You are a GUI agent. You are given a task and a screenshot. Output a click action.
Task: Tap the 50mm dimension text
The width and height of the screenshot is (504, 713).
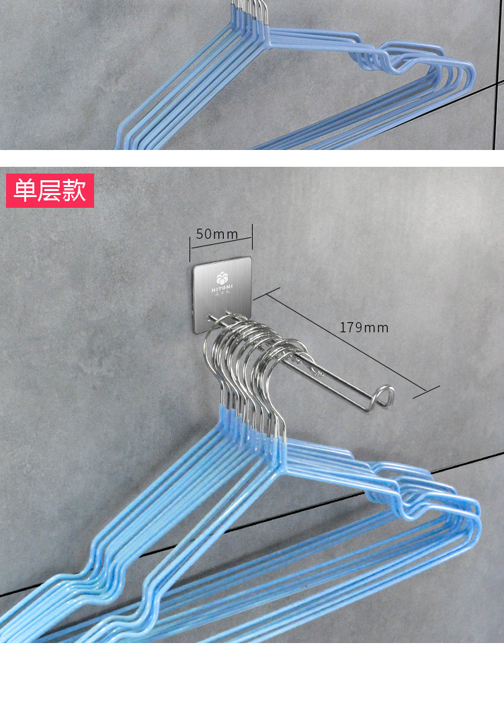pos(217,234)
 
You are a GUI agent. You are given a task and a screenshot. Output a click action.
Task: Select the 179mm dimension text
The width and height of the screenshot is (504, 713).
pos(364,328)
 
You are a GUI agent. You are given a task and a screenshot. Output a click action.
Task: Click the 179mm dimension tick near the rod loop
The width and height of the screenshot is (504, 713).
pos(426,391)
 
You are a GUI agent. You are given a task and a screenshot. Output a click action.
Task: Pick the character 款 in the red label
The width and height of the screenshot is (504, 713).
pos(75,190)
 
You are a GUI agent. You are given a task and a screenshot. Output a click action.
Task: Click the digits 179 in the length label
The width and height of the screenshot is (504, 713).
pos(351,328)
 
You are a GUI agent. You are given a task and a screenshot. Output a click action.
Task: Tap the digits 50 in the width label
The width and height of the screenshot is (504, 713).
pos(204,234)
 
